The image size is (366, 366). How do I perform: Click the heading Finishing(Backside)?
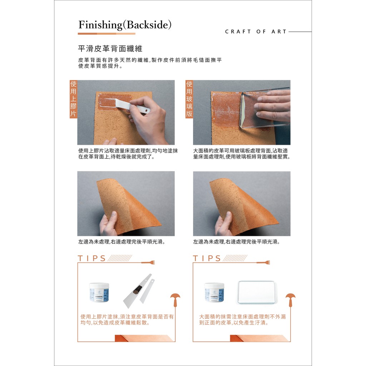[125, 25]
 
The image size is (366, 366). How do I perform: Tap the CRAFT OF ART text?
[256, 31]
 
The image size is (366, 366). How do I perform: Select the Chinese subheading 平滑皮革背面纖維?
[110, 49]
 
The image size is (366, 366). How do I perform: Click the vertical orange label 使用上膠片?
[73, 99]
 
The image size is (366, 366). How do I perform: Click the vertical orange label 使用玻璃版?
[189, 99]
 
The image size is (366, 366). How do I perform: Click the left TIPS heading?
[92, 258]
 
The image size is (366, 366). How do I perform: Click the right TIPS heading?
[207, 258]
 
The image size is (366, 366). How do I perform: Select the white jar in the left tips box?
[99, 292]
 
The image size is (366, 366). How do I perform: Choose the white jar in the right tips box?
[214, 292]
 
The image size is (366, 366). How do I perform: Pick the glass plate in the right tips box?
[257, 292]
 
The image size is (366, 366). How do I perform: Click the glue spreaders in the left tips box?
[139, 291]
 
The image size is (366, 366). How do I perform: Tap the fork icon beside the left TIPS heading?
[148, 263]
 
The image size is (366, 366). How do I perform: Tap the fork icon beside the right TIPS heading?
[263, 263]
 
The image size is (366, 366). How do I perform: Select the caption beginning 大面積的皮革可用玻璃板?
[242, 154]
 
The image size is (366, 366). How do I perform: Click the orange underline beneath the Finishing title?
[107, 34]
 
